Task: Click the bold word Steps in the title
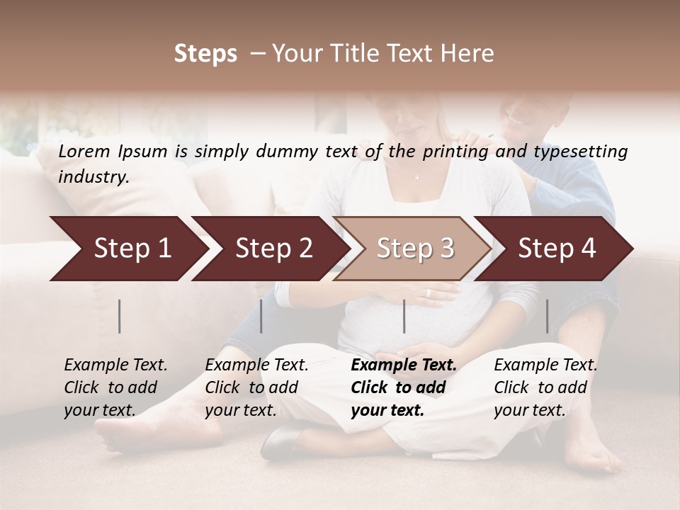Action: (205, 54)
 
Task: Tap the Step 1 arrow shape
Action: (127, 249)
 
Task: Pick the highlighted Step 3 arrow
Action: (414, 249)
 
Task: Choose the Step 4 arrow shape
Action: (556, 249)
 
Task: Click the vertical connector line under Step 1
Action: (120, 316)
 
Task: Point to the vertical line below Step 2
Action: (261, 316)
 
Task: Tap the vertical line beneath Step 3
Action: (404, 316)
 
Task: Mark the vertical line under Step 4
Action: (548, 316)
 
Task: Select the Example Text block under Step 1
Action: (115, 387)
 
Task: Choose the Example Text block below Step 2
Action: (256, 387)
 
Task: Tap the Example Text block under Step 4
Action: (545, 387)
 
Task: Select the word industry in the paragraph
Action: (93, 177)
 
